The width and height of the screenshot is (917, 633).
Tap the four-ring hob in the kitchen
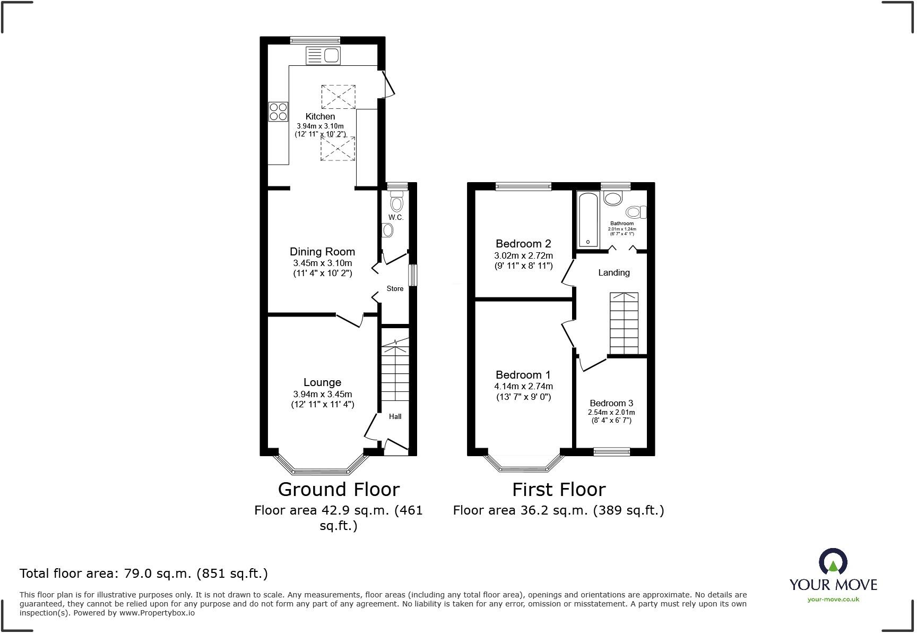pyautogui.click(x=278, y=112)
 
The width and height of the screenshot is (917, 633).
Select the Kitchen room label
pyautogui.click(x=320, y=116)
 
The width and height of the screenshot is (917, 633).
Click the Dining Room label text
pyautogui.click(x=322, y=252)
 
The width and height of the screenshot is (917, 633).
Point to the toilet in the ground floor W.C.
pyautogui.click(x=396, y=202)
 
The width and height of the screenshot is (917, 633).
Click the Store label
pyautogui.click(x=395, y=288)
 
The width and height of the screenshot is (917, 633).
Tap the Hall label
pyautogui.click(x=395, y=416)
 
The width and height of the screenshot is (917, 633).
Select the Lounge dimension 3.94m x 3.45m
pyautogui.click(x=322, y=394)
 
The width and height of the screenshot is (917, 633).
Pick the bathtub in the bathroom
pyautogui.click(x=588, y=220)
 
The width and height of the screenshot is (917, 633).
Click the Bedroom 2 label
pyautogui.click(x=523, y=244)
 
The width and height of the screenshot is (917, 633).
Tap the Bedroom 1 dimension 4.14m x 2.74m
pyautogui.click(x=523, y=386)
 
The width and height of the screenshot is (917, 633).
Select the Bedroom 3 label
pyautogui.click(x=611, y=403)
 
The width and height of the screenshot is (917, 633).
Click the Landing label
pyautogui.click(x=614, y=272)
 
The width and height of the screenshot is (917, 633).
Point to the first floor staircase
pyautogui.click(x=624, y=323)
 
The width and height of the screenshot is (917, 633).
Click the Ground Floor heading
pyautogui.click(x=339, y=489)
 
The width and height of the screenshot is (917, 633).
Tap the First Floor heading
pyautogui.click(x=558, y=489)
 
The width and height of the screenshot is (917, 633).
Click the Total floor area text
pyautogui.click(x=143, y=574)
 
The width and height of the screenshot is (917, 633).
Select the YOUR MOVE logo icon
pyautogui.click(x=833, y=561)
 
